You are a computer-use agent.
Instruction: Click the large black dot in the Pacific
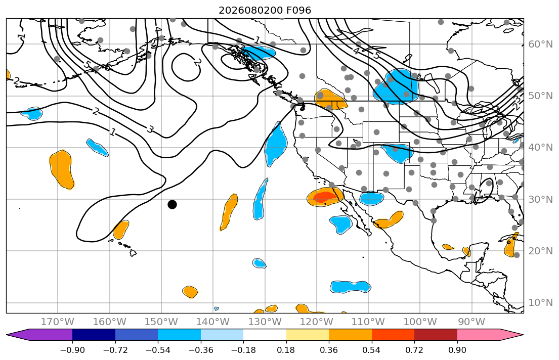coord(172,204)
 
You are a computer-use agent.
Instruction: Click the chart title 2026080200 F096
coord(265,10)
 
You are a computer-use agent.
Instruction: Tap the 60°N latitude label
coord(540,44)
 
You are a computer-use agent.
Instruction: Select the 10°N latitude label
coord(540,303)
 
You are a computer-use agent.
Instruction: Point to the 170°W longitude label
coord(58,322)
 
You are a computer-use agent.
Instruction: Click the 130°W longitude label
coord(265,322)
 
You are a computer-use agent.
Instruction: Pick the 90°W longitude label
coord(471,322)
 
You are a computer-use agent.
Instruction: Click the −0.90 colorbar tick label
coord(72,350)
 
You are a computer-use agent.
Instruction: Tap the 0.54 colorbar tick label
coord(371,350)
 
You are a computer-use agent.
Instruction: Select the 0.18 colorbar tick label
coord(286,350)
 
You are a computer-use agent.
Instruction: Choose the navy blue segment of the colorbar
coord(94,335)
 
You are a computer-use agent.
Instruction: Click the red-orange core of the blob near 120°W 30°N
coord(324,196)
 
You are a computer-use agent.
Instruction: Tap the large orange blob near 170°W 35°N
coord(62,169)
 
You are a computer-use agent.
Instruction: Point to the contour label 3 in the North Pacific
coord(150,129)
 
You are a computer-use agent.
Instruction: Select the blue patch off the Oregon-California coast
coord(276,145)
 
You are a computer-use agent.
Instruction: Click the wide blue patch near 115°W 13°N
coord(351,287)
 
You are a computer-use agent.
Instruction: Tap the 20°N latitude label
coord(540,251)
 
